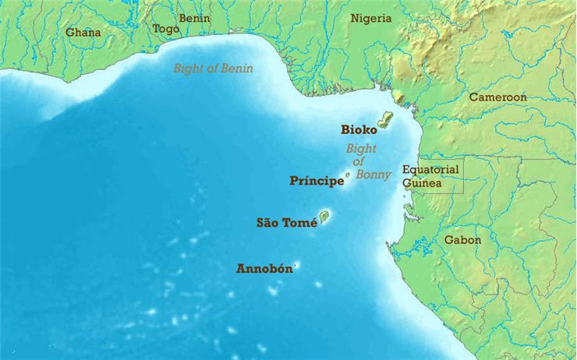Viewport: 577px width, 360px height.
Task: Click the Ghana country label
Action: tap(83, 33)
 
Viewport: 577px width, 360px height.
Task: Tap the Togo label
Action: tap(165, 29)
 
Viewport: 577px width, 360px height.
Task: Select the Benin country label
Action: tap(194, 18)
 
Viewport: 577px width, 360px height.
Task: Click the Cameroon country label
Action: tap(497, 97)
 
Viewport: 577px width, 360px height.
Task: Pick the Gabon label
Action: tap(462, 240)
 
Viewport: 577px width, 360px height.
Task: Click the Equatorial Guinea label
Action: tap(430, 176)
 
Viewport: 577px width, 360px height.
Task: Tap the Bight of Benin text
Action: tap(213, 69)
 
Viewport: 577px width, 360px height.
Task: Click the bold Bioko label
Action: tap(359, 130)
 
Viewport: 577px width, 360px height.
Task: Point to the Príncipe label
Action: tap(317, 182)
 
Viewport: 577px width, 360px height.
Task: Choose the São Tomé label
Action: tap(286, 223)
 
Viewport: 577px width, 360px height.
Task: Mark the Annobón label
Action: tap(264, 269)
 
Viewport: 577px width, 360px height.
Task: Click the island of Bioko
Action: tap(384, 119)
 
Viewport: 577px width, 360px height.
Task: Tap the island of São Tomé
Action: tap(324, 217)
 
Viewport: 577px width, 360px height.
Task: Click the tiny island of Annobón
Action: tap(296, 266)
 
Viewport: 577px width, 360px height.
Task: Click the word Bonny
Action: tap(373, 175)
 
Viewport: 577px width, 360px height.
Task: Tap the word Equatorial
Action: tap(430, 170)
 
